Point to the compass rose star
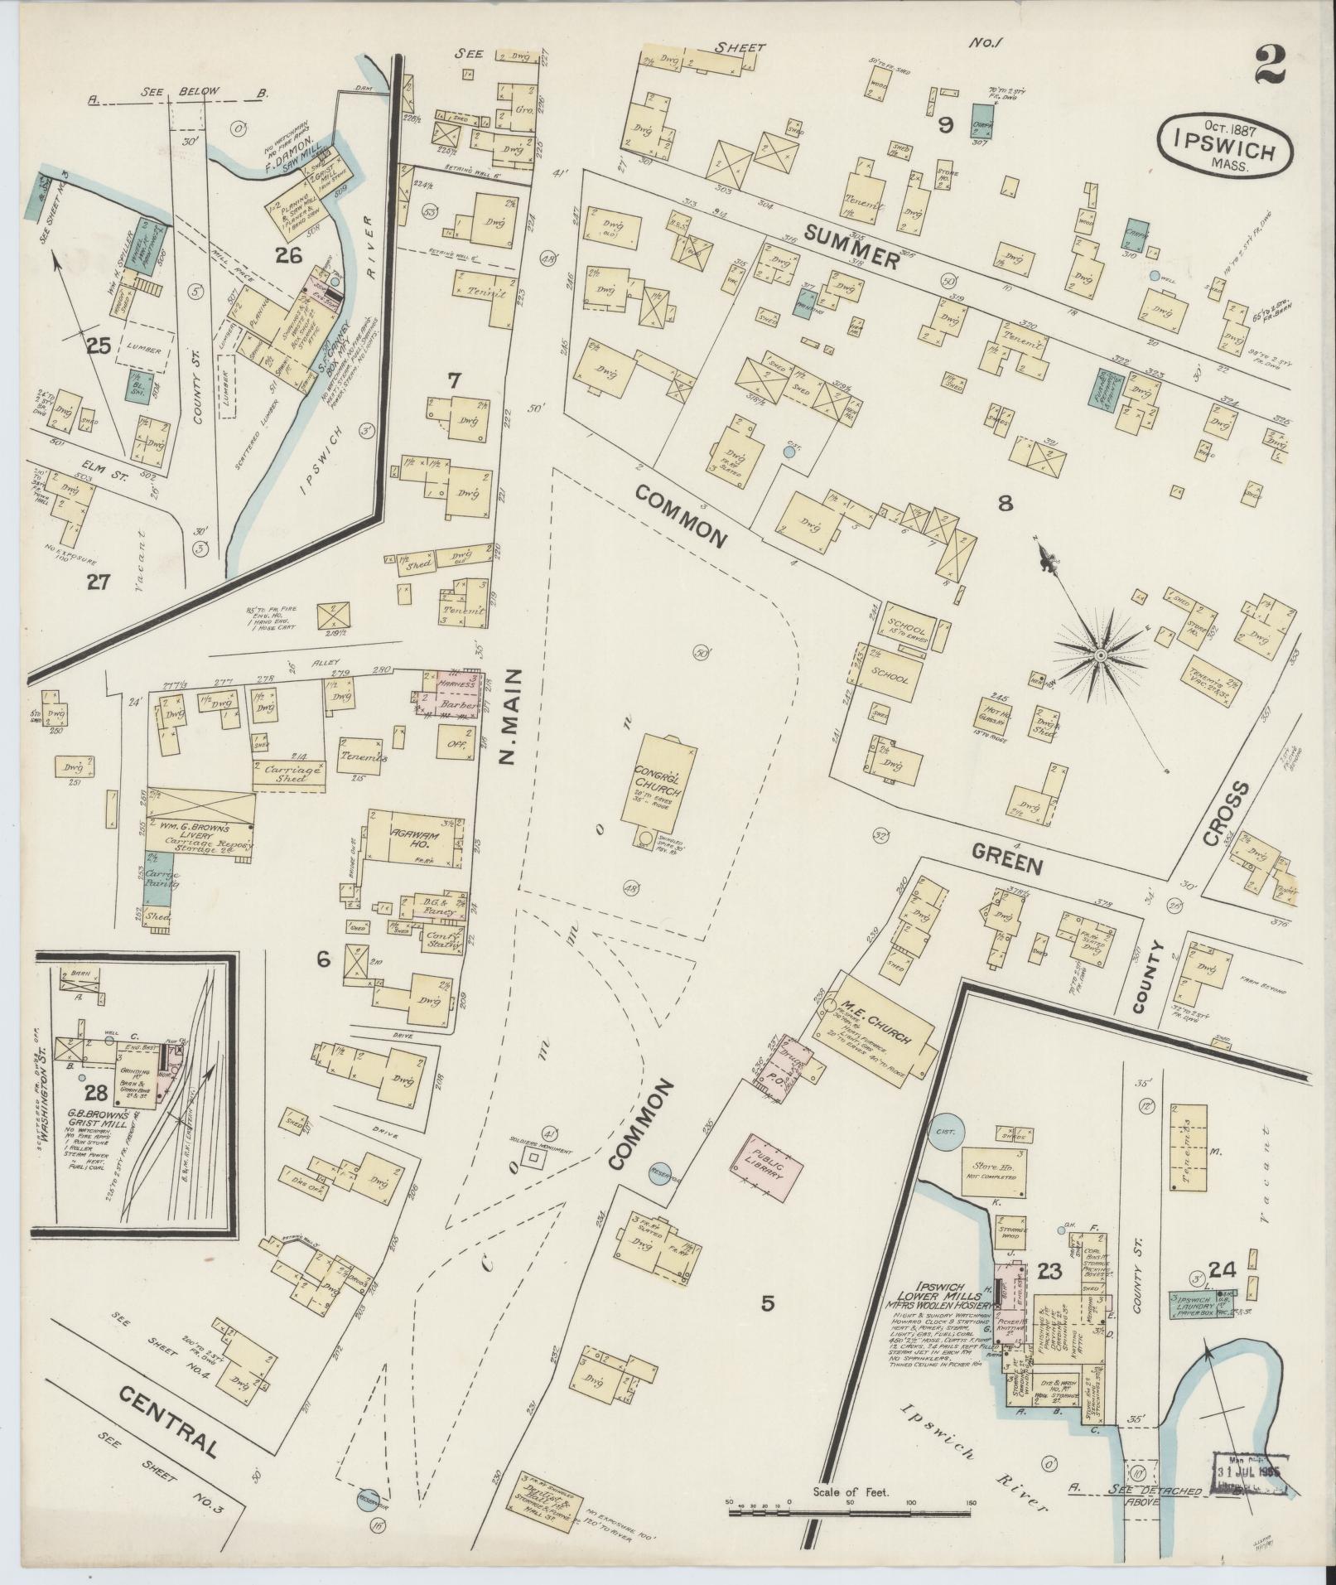1100,655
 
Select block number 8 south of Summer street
1005,502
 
